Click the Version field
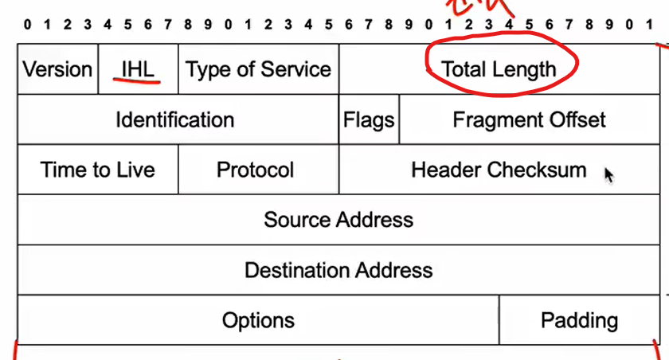[x=57, y=69]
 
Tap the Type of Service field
[x=258, y=69]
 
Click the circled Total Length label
[x=499, y=68]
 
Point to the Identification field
[x=175, y=120]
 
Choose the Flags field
[x=369, y=120]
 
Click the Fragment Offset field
[x=529, y=120]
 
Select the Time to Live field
[x=97, y=170]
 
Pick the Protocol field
[x=256, y=170]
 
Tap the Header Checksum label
[x=499, y=170]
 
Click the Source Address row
[x=338, y=220]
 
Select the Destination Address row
[x=338, y=270]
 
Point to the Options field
[x=258, y=320]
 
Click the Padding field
[x=579, y=320]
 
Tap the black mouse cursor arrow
[x=608, y=174]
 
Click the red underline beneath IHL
[x=137, y=80]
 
